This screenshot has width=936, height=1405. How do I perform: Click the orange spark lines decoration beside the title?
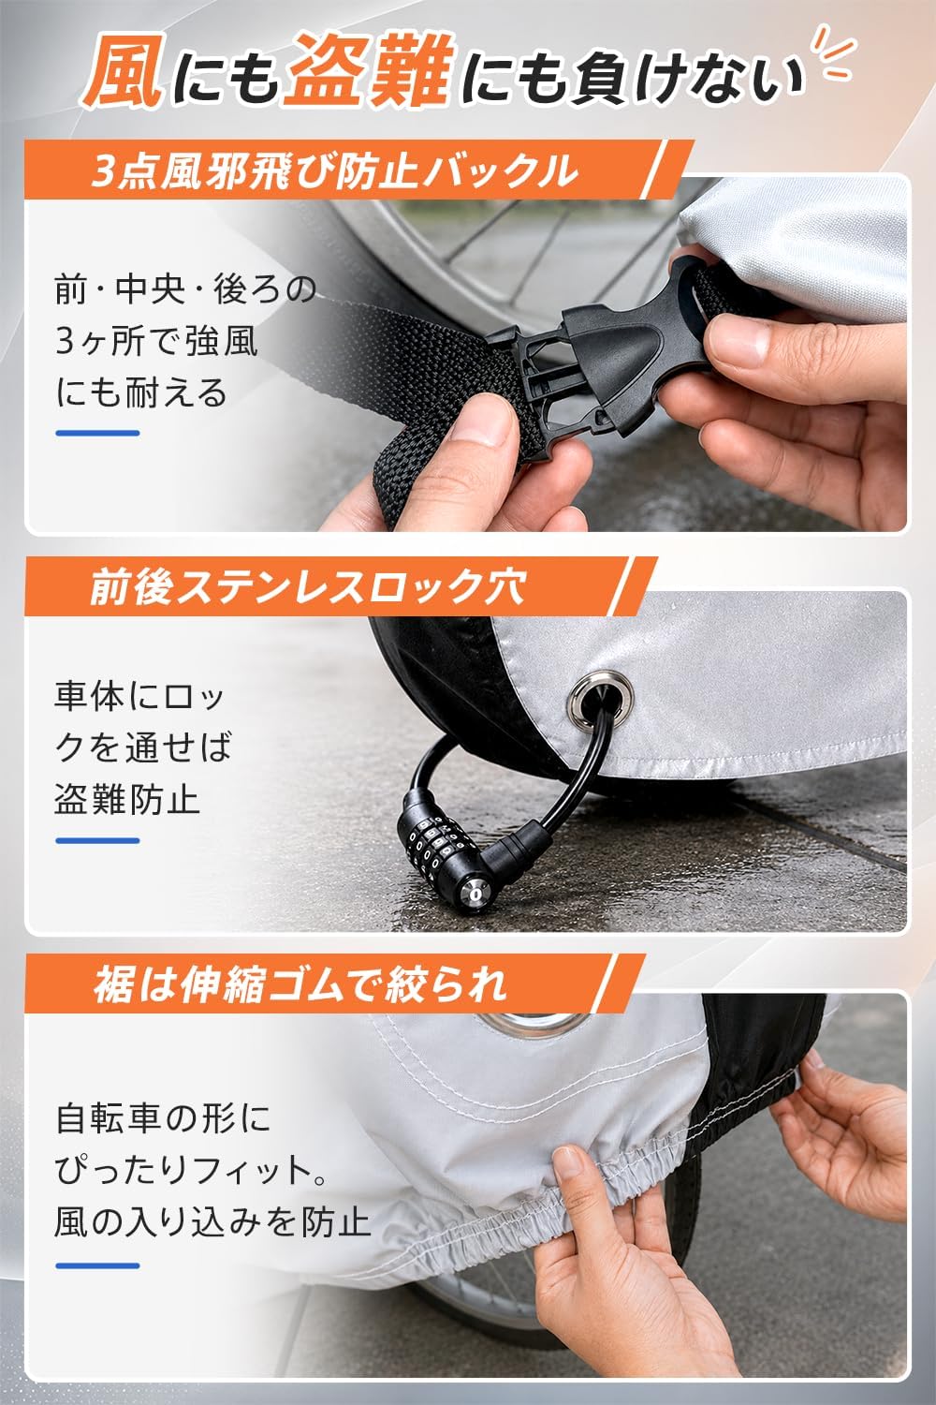click(832, 54)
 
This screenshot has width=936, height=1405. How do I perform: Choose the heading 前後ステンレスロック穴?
click(308, 587)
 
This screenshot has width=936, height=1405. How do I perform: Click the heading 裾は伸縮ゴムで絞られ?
click(300, 984)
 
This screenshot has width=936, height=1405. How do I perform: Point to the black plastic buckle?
click(602, 351)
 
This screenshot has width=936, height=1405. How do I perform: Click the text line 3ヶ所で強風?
click(156, 341)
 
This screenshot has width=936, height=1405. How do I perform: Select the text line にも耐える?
click(141, 392)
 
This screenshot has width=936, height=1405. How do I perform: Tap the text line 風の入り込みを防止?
click(212, 1222)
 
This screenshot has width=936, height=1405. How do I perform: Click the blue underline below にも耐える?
click(97, 433)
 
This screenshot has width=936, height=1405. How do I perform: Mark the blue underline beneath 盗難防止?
click(97, 840)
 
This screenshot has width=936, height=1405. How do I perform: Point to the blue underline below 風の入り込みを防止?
click(97, 1265)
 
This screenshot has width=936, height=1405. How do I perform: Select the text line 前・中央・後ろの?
click(185, 289)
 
